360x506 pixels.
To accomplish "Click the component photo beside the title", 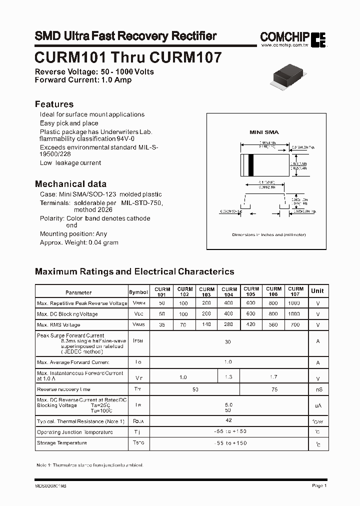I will click(x=291, y=76).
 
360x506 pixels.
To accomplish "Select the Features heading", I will click(x=54, y=104).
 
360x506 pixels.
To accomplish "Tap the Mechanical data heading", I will click(x=70, y=183).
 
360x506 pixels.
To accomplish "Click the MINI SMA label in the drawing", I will click(x=264, y=132).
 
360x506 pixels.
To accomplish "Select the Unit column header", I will click(x=317, y=291).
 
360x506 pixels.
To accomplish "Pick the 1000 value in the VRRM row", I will click(x=295, y=303).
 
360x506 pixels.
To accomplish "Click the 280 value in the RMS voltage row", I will click(x=229, y=324).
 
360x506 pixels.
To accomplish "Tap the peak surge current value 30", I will click(x=227, y=342).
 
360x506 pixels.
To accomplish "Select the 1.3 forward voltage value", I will click(x=229, y=377).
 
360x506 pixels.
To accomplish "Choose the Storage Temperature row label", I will click(x=61, y=443).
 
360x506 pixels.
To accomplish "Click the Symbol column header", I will click(x=138, y=292).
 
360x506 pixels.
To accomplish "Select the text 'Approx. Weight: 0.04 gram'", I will click(x=79, y=242).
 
